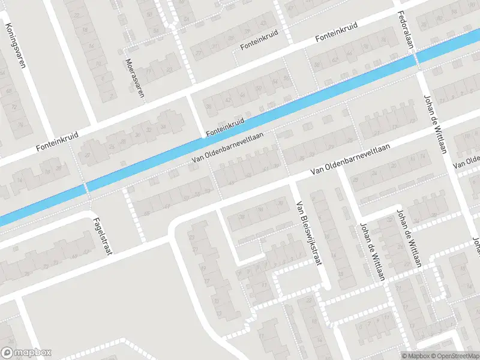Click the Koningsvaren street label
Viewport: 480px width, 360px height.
(15, 45)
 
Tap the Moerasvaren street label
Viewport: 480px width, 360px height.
(136, 80)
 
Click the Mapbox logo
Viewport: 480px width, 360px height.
(26, 353)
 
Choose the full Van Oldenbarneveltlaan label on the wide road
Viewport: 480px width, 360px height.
(350, 160)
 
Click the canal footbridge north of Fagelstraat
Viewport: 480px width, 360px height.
(86, 187)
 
